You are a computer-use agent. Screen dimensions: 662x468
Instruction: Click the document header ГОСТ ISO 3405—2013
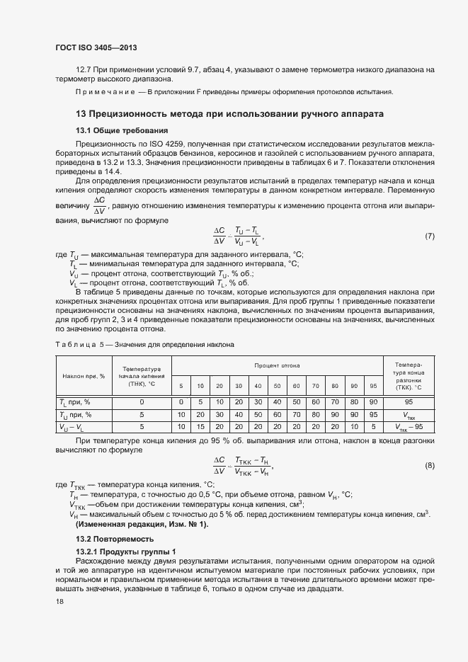pos(96,47)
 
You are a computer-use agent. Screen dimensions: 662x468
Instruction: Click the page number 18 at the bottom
pos(59,601)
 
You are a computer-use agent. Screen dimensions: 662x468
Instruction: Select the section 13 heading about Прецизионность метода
pos(229,113)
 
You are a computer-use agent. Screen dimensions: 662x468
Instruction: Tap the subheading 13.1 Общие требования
pos(121,130)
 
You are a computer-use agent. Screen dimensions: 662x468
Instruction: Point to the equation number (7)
pos(429,236)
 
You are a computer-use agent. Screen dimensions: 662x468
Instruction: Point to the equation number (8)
pos(429,465)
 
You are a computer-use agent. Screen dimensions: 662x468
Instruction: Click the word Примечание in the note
pos(105,93)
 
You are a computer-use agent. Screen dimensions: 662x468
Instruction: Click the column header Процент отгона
pos(277,365)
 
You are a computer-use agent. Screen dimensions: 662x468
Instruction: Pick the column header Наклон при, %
pos(84,376)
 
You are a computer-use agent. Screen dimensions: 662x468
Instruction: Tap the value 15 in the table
pos(200,427)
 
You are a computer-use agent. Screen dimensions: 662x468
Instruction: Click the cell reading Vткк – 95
pos(408,427)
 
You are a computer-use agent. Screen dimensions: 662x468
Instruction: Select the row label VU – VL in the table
pos(73,427)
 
